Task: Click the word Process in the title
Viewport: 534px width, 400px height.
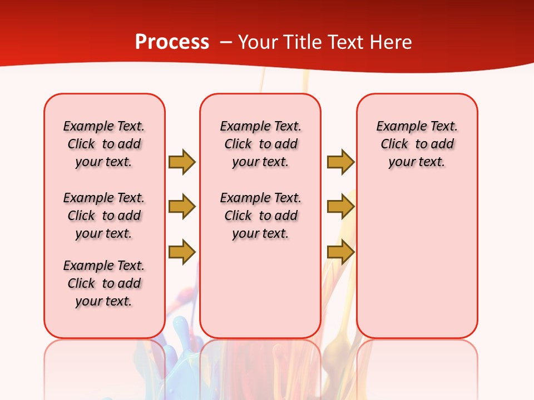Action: click(x=172, y=42)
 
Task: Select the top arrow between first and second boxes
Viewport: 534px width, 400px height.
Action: click(x=181, y=162)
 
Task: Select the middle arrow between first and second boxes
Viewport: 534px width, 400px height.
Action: click(x=181, y=207)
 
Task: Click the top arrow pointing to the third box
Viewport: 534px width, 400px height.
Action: click(x=340, y=162)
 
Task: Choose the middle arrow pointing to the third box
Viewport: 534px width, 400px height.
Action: click(x=340, y=207)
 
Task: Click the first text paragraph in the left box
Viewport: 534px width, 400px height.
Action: click(x=104, y=144)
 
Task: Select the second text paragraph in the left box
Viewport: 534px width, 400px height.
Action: click(x=104, y=216)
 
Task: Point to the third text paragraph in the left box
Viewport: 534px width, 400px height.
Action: click(x=104, y=283)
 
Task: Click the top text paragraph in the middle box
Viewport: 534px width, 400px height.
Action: click(x=260, y=144)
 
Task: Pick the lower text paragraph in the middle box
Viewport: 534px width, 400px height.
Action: click(x=260, y=216)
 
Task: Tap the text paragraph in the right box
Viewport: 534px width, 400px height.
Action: click(x=417, y=144)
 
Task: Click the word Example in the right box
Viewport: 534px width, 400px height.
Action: click(x=395, y=126)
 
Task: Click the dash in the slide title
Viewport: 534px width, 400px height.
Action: click(x=226, y=42)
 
